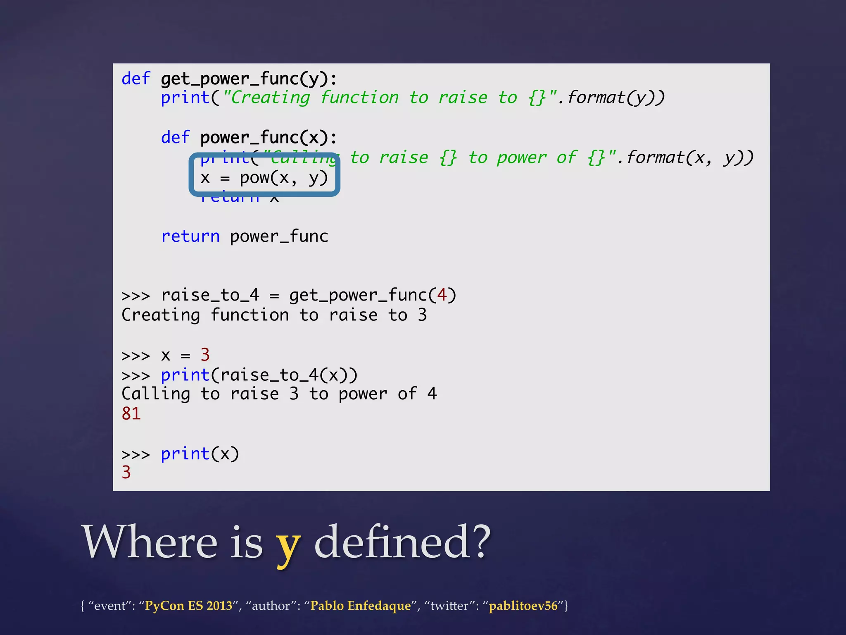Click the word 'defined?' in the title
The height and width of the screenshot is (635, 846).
point(402,542)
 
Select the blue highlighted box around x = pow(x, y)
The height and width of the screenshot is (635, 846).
point(264,174)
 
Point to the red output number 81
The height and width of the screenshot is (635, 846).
point(131,413)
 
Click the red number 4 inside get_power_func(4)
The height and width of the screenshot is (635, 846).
point(442,295)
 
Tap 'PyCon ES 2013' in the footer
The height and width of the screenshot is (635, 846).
point(188,606)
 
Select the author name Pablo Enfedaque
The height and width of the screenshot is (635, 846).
point(360,606)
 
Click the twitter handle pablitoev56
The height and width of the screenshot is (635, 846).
point(523,606)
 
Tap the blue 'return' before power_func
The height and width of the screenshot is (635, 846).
point(190,236)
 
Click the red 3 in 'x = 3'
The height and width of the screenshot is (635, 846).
point(205,355)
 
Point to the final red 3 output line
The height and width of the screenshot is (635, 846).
point(126,473)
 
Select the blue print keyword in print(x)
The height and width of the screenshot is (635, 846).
point(185,454)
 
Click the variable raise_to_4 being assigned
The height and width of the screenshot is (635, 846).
point(210,295)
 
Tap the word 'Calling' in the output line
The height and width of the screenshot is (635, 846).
point(156,394)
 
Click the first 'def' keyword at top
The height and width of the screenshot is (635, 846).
point(135,79)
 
